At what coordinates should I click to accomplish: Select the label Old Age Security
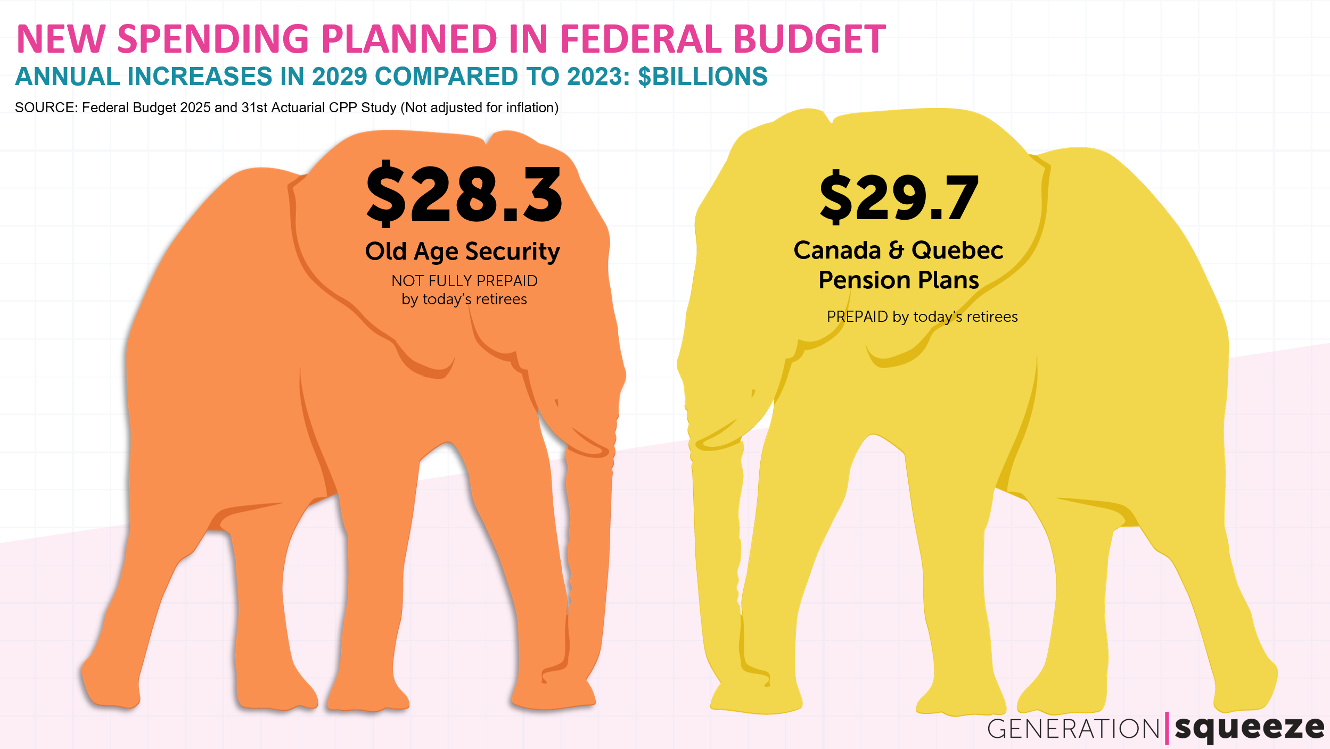tap(462, 252)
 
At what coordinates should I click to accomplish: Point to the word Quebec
tap(957, 250)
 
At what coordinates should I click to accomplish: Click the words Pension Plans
tap(899, 280)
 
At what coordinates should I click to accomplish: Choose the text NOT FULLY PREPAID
tap(464, 280)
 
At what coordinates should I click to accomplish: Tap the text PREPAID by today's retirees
tap(922, 317)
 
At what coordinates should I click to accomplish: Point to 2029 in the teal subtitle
tap(340, 77)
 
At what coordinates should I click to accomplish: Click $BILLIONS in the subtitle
tap(703, 77)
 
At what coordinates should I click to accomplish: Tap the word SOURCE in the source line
tap(45, 107)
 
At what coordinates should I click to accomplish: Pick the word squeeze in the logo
tap(1249, 728)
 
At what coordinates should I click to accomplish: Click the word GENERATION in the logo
tap(1073, 729)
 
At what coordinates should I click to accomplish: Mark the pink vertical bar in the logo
tap(1167, 728)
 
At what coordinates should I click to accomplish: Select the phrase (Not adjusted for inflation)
tap(480, 107)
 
